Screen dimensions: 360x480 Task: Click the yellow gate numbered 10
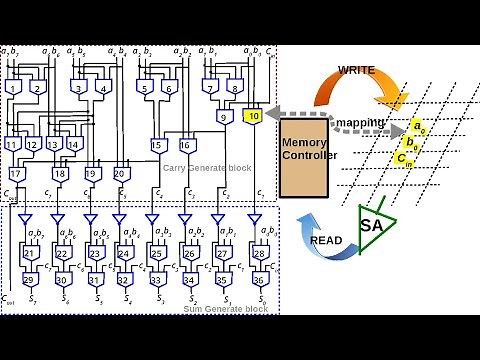253,117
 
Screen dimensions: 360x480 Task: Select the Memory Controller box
303,155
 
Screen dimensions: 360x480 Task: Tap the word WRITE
355,71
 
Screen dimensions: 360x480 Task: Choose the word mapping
354,125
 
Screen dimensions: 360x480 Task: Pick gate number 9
227,117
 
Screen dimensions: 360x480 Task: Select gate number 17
16,173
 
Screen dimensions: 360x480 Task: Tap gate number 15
157,145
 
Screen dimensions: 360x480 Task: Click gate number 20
121,173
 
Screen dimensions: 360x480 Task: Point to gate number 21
30,254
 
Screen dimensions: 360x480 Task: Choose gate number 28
260,254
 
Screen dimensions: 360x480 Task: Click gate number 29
30,279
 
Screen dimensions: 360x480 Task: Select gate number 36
260,279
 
